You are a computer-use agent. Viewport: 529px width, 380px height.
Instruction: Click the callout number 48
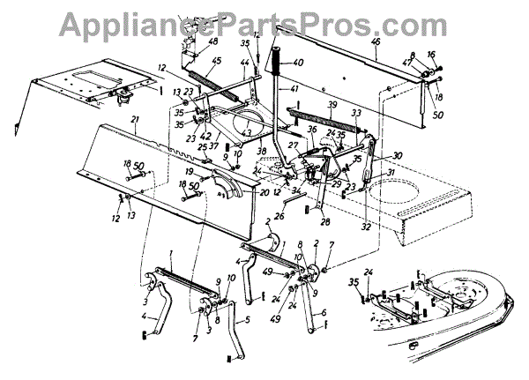[x=213, y=41]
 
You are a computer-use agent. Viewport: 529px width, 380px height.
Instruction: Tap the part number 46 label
[x=376, y=42]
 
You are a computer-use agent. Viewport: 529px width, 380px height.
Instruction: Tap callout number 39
[x=332, y=105]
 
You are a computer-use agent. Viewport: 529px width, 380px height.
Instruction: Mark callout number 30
[x=374, y=156]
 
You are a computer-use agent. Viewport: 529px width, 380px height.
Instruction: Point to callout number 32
[x=364, y=227]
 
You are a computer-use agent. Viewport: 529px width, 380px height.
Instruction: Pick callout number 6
[x=324, y=312]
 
